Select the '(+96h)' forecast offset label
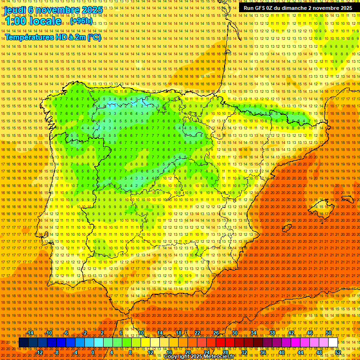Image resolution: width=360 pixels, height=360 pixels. point(81,21)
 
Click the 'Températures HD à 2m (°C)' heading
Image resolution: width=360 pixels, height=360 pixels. point(53,37)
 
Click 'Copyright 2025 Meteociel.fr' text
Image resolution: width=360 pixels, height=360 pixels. point(205,357)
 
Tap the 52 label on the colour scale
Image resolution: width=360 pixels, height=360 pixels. point(338,352)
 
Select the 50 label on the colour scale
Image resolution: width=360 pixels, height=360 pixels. point(329,333)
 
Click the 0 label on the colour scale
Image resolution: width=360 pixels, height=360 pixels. point(93,352)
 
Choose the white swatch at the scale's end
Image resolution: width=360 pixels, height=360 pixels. point(333,343)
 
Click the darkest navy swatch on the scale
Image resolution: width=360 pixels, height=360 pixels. point(23,343)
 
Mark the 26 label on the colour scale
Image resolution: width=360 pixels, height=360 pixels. point(216,333)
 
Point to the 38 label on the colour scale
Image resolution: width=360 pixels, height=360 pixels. point(272,333)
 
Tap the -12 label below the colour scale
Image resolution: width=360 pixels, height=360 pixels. point(39,352)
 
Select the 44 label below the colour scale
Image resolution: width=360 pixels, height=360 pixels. point(300,352)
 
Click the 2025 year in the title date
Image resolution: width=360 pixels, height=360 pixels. point(92,9)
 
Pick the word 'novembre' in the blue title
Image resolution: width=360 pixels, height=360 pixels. point(58,9)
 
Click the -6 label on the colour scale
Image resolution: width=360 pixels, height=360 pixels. point(67,333)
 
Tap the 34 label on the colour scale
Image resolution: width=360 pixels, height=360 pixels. point(254,333)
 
